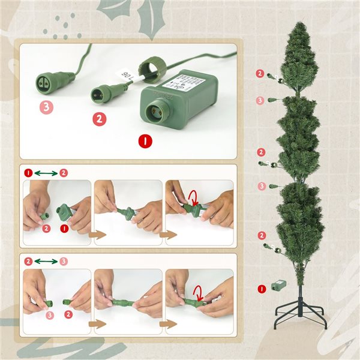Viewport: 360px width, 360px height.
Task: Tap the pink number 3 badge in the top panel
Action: pyautogui.click(x=46, y=108)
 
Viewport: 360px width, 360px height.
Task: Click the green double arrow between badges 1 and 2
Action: pyautogui.click(x=46, y=173)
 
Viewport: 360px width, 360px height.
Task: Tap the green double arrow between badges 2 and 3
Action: pyautogui.click(x=46, y=262)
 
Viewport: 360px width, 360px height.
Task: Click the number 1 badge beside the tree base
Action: pyautogui.click(x=261, y=289)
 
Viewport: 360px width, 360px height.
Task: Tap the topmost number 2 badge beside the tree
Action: pyautogui.click(x=260, y=73)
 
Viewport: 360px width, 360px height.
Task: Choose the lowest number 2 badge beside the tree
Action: pyautogui.click(x=261, y=235)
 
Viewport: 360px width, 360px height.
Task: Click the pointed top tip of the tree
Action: pyautogui.click(x=300, y=24)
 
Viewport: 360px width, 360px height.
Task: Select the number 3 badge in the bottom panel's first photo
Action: pyautogui.click(x=50, y=314)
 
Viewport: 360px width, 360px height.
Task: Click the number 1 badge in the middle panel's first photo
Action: pyautogui.click(x=63, y=229)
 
